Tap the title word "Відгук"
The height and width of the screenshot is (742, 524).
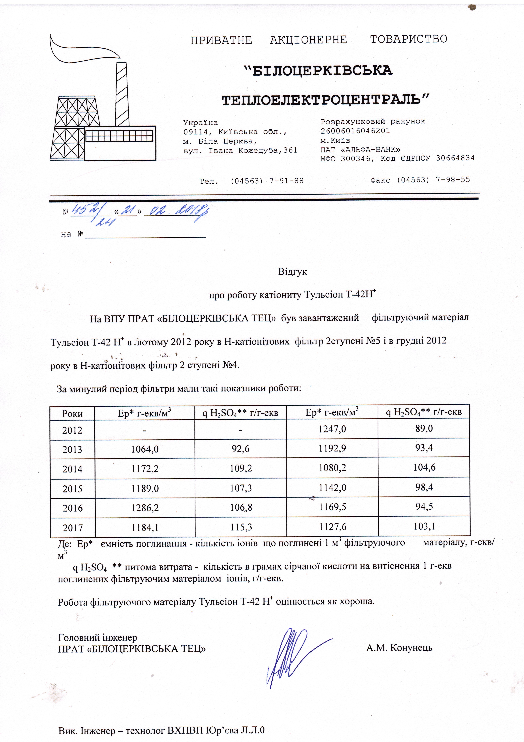[x=292, y=271]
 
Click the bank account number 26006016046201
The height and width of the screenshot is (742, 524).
[x=355, y=131]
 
